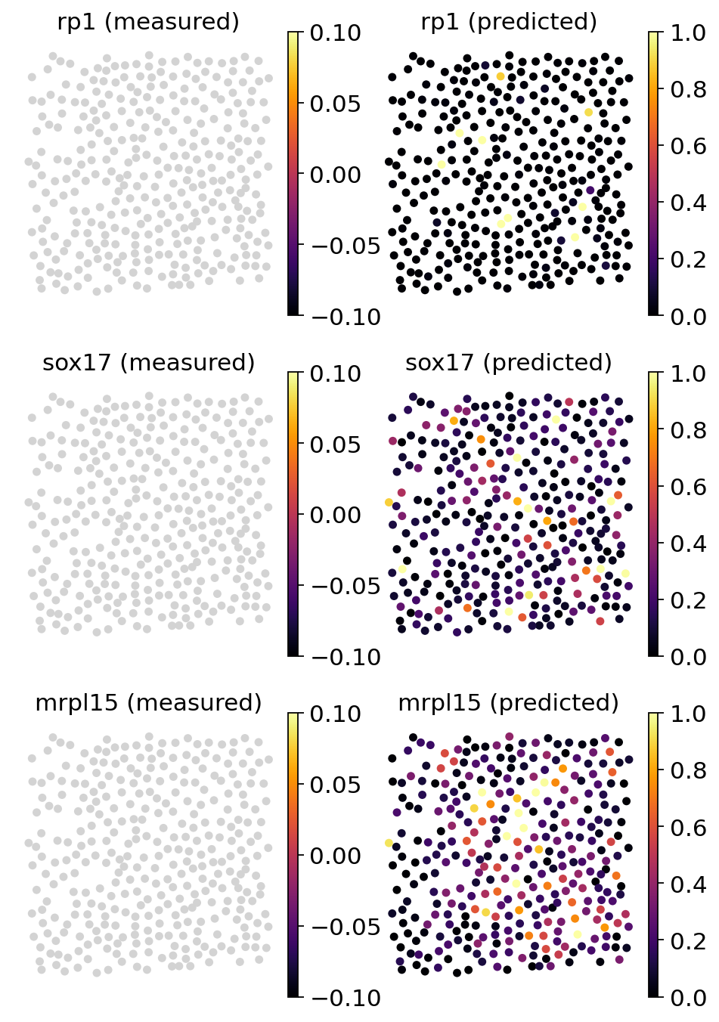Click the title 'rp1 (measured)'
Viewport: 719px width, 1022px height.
pyautogui.click(x=148, y=22)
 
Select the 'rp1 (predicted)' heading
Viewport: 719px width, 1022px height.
pyautogui.click(x=509, y=22)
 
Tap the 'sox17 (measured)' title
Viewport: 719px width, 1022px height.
pyautogui.click(x=148, y=363)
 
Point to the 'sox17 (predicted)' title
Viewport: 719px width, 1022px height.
pyautogui.click(x=509, y=363)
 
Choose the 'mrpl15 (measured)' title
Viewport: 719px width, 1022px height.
pyautogui.click(x=148, y=703)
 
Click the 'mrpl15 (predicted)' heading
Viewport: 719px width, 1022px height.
pyautogui.click(x=509, y=703)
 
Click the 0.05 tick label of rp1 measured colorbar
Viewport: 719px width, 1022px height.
pyautogui.click(x=335, y=104)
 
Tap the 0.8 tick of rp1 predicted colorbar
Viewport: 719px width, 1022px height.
pyautogui.click(x=688, y=89)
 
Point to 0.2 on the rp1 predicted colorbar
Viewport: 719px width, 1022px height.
pyautogui.click(x=688, y=259)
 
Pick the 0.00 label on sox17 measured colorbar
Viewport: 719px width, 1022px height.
pyautogui.click(x=335, y=515)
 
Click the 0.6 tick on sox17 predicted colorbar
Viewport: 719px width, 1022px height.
pyautogui.click(x=688, y=486)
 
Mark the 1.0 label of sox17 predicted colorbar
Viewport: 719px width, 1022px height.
pyautogui.click(x=688, y=373)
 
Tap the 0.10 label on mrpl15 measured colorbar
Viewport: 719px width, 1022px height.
pyautogui.click(x=335, y=714)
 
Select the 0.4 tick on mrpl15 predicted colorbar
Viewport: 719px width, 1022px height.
pyautogui.click(x=688, y=884)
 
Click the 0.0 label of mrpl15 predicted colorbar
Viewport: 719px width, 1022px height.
pyautogui.click(x=688, y=998)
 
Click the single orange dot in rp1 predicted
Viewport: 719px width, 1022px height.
pyautogui.click(x=501, y=76)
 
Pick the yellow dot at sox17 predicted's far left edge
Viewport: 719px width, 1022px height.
pyautogui.click(x=389, y=502)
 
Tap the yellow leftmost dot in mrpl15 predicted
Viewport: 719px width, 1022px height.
pyautogui.click(x=389, y=843)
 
